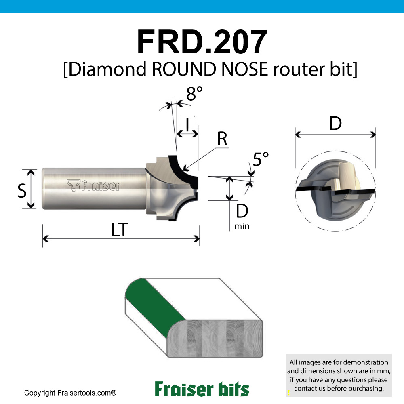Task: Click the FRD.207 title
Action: click(202, 42)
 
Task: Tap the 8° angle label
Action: click(194, 94)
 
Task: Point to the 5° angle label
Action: click(260, 160)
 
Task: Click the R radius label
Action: click(222, 139)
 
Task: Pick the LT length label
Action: click(120, 230)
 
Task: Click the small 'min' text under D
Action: click(242, 226)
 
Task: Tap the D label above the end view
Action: click(335, 124)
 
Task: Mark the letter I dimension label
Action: click(187, 126)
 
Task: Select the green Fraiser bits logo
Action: click(202, 389)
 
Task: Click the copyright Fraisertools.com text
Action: click(70, 393)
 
